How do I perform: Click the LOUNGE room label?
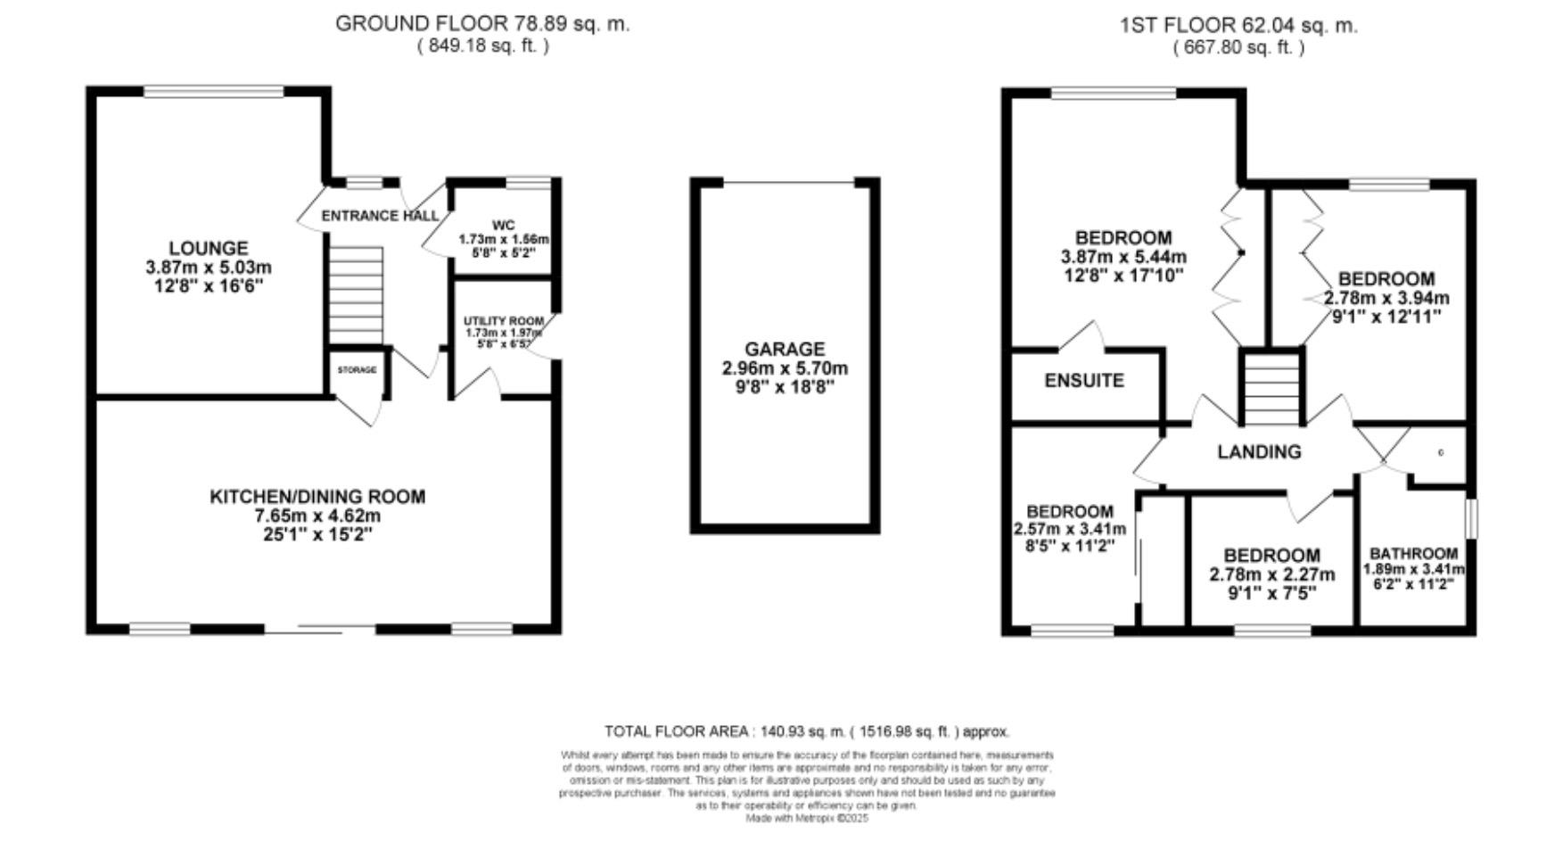click(x=209, y=248)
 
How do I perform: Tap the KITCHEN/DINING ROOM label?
click(x=317, y=497)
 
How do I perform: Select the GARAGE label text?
click(x=785, y=350)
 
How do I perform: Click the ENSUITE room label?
click(x=1084, y=381)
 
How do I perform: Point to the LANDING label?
click(x=1259, y=452)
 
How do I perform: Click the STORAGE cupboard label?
click(x=357, y=369)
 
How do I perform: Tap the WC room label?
click(x=503, y=226)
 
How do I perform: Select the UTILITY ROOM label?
click(x=503, y=321)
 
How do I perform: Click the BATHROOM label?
click(x=1414, y=553)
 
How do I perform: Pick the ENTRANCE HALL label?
click(x=380, y=216)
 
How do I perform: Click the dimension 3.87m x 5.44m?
click(x=1123, y=257)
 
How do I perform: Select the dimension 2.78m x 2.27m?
click(x=1271, y=574)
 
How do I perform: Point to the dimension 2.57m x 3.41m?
click(x=1069, y=529)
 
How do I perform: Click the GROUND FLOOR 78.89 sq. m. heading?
click(x=482, y=24)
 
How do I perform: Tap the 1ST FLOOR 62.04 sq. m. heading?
click(x=1238, y=26)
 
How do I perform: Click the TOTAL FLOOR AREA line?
click(x=807, y=731)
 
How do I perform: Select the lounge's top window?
click(x=214, y=91)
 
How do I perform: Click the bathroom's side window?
click(x=1470, y=518)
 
